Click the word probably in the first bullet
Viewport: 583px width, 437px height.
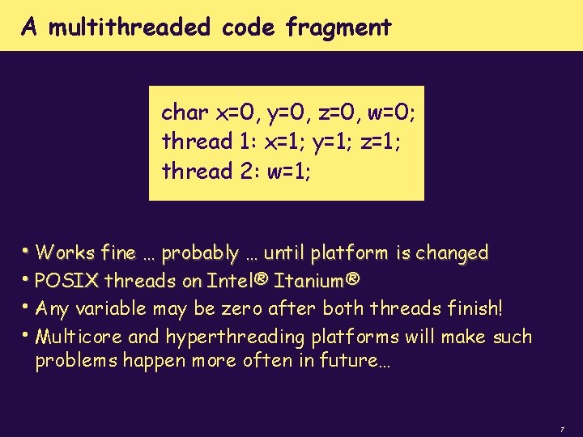pyautogui.click(x=199, y=253)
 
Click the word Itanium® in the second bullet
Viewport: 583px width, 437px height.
pyautogui.click(x=317, y=282)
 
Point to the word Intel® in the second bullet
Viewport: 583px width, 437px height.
pyautogui.click(x=237, y=282)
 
